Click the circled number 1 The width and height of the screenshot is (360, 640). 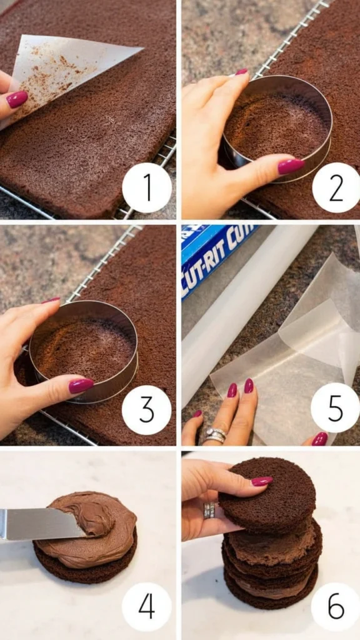(x=147, y=187)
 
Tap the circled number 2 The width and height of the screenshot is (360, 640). (x=336, y=187)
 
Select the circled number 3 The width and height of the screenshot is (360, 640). (x=146, y=410)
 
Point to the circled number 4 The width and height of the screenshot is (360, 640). (x=146, y=607)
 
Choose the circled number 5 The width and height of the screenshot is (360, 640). (x=336, y=407)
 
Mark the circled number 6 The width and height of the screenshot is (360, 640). (x=336, y=607)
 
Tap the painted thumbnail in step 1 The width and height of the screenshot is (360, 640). (x=17, y=99)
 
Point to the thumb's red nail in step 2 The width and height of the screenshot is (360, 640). (x=291, y=166)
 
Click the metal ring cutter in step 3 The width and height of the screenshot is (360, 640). (x=84, y=351)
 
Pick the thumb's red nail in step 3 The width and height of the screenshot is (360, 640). (x=81, y=386)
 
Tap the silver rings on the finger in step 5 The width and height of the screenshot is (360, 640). (x=215, y=436)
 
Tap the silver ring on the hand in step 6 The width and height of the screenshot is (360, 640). (x=209, y=510)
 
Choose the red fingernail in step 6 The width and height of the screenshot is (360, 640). (x=262, y=481)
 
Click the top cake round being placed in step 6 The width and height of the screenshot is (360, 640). (x=267, y=496)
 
